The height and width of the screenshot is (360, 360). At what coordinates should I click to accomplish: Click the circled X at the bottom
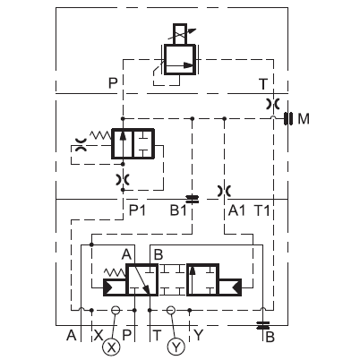[111, 347]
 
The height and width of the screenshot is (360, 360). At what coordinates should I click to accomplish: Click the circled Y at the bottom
[176, 347]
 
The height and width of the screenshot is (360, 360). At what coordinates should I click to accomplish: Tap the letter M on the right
[304, 119]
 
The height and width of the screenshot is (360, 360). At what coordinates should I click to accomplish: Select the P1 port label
[137, 210]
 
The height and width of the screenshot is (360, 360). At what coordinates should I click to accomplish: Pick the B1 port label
[178, 210]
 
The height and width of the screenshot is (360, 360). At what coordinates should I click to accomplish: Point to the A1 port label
[236, 210]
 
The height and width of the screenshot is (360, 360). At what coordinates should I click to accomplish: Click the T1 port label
[261, 210]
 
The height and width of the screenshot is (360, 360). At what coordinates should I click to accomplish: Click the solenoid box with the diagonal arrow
[180, 34]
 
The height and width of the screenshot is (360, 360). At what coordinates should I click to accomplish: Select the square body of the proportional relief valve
[180, 59]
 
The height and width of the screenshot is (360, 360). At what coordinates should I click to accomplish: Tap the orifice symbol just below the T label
[273, 104]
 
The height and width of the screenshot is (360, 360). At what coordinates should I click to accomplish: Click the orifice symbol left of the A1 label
[224, 191]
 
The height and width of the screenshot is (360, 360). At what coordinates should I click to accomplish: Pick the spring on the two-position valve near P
[100, 135]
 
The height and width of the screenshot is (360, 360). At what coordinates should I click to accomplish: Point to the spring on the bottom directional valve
[115, 272]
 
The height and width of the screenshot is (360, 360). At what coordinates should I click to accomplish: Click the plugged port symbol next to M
[287, 119]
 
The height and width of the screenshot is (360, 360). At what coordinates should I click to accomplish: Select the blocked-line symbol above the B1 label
[192, 199]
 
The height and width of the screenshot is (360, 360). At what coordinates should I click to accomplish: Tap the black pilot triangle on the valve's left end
[107, 287]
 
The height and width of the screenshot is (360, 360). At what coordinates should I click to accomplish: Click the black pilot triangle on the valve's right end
[237, 287]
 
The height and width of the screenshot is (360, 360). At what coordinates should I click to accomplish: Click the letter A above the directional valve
[126, 254]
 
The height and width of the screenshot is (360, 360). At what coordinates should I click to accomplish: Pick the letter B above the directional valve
[159, 254]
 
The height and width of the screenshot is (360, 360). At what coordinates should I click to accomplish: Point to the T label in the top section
[263, 84]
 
